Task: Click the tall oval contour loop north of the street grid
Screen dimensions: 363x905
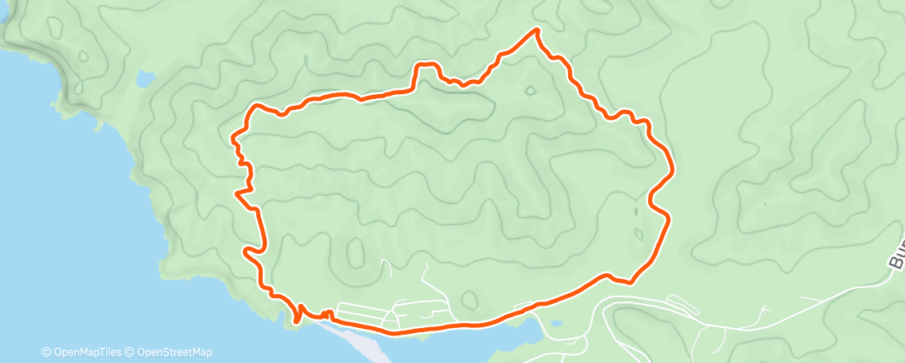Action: (x=356, y=252)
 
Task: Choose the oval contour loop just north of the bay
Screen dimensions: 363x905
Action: (x=469, y=299)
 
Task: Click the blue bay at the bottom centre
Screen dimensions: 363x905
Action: (x=466, y=341)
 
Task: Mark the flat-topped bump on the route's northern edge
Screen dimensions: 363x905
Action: (x=427, y=64)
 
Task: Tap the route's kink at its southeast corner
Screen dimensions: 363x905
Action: (x=628, y=281)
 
